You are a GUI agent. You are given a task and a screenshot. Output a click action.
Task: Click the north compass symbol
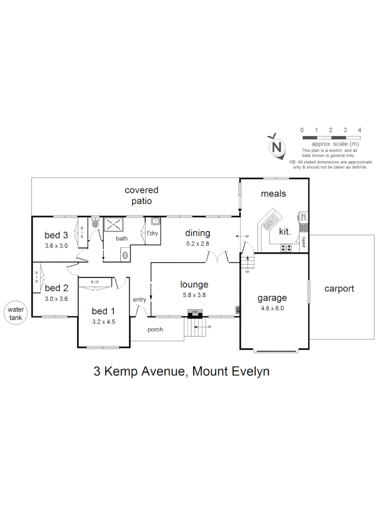[277, 147]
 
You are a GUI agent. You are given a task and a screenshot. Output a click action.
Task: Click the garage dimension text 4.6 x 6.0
[272, 308]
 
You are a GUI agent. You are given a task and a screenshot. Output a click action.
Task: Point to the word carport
[339, 289]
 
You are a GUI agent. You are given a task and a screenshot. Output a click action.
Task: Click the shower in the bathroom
[113, 224]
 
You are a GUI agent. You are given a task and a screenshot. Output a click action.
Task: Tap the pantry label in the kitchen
[304, 241]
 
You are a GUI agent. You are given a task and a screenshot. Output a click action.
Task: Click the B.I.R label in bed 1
[95, 282]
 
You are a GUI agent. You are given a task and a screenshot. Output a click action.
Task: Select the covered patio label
[141, 195]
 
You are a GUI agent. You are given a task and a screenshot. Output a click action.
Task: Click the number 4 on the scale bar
[359, 130]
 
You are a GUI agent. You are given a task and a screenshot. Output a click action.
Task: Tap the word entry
[139, 300]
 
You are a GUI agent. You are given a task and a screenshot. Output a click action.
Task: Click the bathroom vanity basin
[125, 255]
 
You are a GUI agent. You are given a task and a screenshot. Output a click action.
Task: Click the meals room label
[273, 194]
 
